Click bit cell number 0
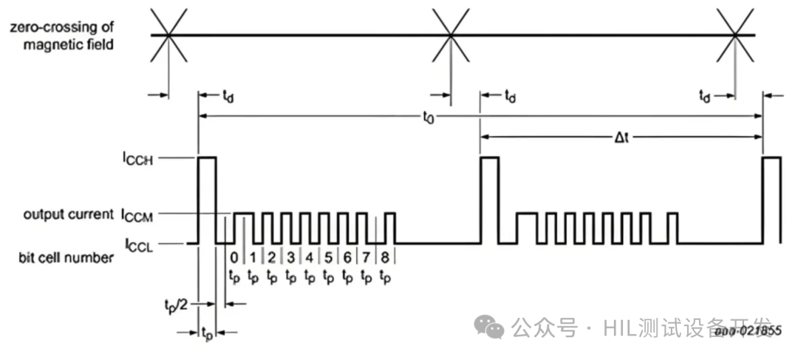point(234,258)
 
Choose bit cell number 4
point(310,258)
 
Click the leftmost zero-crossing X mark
point(169,34)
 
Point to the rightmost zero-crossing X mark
point(735,34)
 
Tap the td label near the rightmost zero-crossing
point(706,95)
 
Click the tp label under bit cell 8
point(385,277)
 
